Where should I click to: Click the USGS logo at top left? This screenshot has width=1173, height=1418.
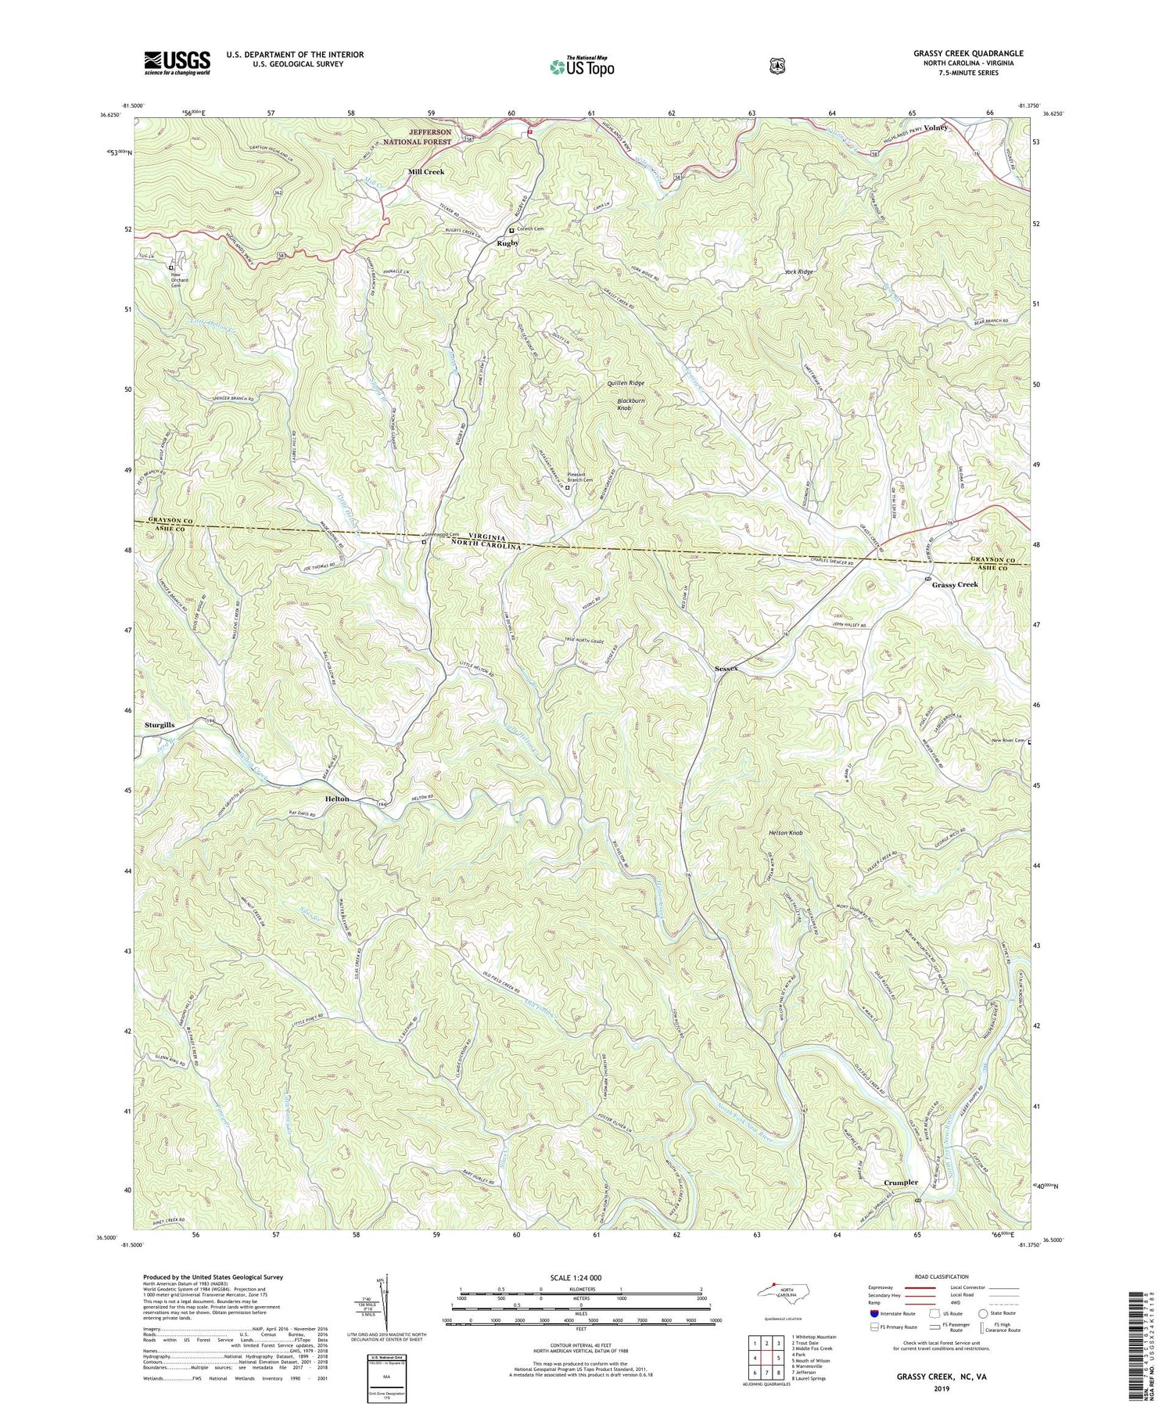pos(177,62)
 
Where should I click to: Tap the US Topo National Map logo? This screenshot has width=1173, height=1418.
pos(582,66)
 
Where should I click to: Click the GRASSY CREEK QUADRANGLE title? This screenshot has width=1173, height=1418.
pos(956,53)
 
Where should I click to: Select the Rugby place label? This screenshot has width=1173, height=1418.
pos(508,243)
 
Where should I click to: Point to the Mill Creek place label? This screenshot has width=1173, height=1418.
pos(425,171)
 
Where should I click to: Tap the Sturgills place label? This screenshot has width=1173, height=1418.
pos(160,725)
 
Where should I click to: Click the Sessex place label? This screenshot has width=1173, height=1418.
pos(726,669)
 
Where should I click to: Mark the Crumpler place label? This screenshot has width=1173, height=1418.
pos(900,1183)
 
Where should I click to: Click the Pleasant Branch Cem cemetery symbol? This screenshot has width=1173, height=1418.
pos(568,487)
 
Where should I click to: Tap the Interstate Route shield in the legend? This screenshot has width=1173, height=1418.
pos(873,1313)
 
